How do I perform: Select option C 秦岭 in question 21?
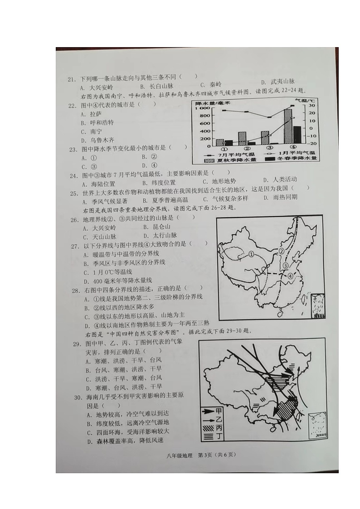click(x=210, y=84)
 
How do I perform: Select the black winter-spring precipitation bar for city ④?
click(x=297, y=135)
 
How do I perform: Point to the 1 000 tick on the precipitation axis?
click(x=203, y=109)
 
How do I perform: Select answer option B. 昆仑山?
click(x=156, y=227)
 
